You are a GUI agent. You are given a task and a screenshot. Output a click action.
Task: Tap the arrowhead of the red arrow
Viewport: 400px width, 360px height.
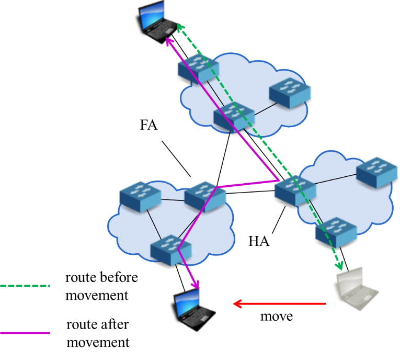236,303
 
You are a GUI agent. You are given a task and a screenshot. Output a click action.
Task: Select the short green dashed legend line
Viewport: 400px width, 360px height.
25,286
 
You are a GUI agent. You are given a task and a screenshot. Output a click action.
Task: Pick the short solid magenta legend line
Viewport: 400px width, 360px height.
25,333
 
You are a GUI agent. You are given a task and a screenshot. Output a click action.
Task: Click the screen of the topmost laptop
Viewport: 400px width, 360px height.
152,13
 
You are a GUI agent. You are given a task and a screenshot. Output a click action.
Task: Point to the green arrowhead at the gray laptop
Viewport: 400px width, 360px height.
339,266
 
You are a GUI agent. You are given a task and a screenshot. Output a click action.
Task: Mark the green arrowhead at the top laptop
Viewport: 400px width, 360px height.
179,27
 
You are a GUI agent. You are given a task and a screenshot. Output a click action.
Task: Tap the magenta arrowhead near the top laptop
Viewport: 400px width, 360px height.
168,40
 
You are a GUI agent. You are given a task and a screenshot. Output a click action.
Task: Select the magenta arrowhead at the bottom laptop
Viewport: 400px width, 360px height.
196,285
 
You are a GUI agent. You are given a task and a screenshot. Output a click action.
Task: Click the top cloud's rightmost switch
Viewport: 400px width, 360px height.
290,93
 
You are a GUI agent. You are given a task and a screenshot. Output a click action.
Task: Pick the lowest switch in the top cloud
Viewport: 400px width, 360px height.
234,116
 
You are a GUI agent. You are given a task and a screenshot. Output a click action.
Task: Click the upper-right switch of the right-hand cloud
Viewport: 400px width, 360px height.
377,172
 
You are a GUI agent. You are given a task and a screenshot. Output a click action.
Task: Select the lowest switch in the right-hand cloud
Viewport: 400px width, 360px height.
336,232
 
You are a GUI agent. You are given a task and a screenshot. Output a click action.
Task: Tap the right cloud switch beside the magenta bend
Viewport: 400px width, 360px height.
295,189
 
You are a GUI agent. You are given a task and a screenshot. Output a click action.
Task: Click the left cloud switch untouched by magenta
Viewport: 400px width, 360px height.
140,196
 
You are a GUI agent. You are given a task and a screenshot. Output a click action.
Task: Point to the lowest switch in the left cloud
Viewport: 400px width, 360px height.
170,250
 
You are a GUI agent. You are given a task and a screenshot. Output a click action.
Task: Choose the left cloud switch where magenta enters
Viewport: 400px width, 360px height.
205,196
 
